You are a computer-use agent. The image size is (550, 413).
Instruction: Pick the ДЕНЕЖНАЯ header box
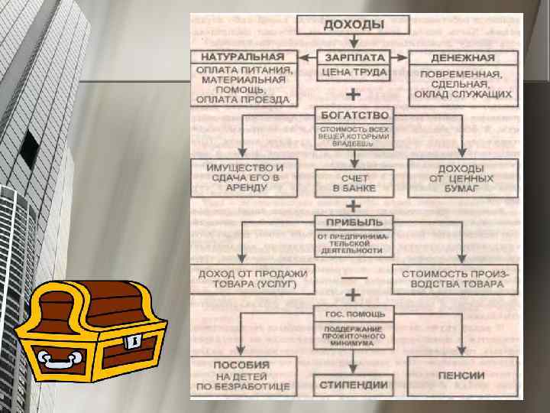pos(463,57)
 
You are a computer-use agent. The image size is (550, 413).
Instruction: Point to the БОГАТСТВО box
pos(354,114)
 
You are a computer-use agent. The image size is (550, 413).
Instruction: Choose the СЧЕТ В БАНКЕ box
pos(354,182)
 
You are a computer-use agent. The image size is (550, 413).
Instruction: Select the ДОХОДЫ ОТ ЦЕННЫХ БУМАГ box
pos(461,177)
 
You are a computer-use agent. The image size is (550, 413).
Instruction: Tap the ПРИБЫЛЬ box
pos(354,222)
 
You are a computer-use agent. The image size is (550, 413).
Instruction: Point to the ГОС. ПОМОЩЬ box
pos(354,314)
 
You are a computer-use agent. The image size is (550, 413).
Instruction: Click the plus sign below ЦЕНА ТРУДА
pos(354,96)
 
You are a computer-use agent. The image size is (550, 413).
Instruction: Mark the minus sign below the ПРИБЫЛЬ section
pos(354,276)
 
